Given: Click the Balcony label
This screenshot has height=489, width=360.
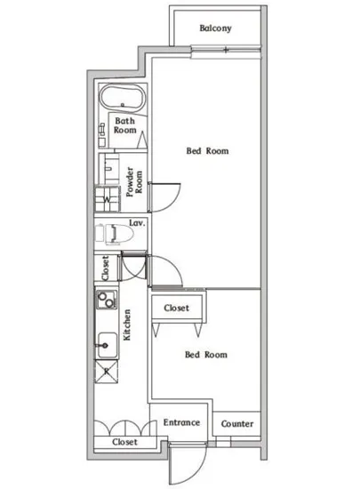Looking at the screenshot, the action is pos(215,28).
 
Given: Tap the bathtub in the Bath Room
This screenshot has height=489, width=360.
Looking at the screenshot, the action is pos(122,98).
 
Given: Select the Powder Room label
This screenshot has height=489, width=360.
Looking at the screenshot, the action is pos(134,181).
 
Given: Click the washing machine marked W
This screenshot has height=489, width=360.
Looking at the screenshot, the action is pos(107,199).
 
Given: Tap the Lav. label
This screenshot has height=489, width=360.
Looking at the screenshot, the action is pos(137,223).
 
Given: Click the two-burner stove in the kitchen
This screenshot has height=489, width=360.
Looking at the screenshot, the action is pos(107,300).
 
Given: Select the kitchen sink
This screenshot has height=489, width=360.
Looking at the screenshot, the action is pos(107,345).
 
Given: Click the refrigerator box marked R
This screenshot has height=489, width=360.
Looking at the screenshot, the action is pos(107,371).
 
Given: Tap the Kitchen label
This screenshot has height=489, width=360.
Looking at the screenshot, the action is pos(127,325).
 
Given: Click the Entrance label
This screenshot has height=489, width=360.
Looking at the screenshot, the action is pos(181,422).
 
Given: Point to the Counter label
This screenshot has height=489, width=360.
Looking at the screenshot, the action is pos(237,424).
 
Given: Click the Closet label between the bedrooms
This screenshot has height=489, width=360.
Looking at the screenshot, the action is pos(176,309).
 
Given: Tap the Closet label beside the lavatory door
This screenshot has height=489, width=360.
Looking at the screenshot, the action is pos(106,268).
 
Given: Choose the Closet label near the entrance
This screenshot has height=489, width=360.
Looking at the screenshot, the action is pos(124,442).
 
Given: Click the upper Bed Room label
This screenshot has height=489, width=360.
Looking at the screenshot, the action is pos(207,151).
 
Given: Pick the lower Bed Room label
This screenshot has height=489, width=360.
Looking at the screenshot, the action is pos(206,355).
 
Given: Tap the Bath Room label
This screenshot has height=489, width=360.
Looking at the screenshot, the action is pos(124,125).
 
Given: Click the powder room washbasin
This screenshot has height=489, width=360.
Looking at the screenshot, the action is pos(108,168).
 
